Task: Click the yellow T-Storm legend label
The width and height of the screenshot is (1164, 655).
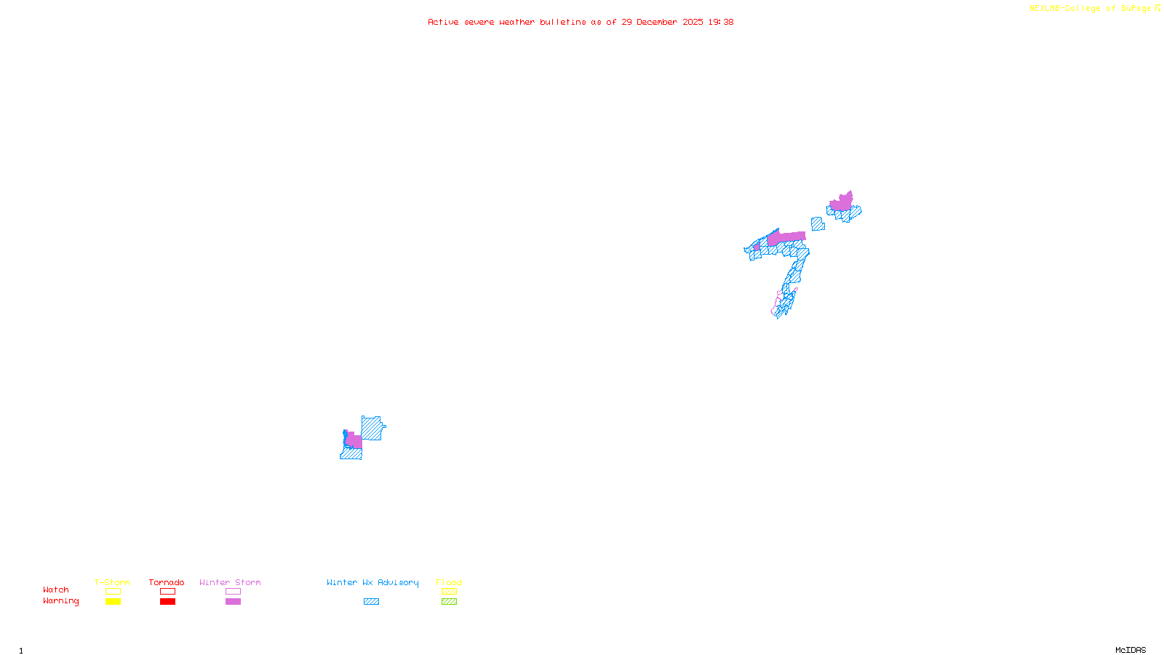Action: click(112, 582)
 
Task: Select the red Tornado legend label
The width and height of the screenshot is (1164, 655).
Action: click(167, 582)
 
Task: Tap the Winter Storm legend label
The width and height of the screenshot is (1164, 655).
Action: click(230, 582)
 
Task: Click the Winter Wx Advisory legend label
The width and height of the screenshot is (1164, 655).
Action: click(372, 582)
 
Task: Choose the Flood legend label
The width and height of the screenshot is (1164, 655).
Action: click(449, 582)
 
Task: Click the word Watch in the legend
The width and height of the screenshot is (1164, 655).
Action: click(56, 589)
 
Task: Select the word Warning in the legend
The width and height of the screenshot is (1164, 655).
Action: click(61, 601)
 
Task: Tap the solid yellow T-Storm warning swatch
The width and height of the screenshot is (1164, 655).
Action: click(113, 602)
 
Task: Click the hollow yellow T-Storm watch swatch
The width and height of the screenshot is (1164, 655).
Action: click(113, 592)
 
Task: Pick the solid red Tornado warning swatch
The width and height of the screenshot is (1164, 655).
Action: click(167, 602)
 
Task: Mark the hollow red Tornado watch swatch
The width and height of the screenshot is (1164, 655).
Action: click(167, 592)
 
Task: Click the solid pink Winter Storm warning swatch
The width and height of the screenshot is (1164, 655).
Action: click(233, 602)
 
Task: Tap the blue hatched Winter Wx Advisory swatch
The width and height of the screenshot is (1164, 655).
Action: click(371, 602)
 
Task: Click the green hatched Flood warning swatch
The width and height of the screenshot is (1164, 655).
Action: click(449, 602)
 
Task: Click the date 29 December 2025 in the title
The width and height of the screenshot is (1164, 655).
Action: click(662, 22)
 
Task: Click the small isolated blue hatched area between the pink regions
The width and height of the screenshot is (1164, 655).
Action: click(818, 224)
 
